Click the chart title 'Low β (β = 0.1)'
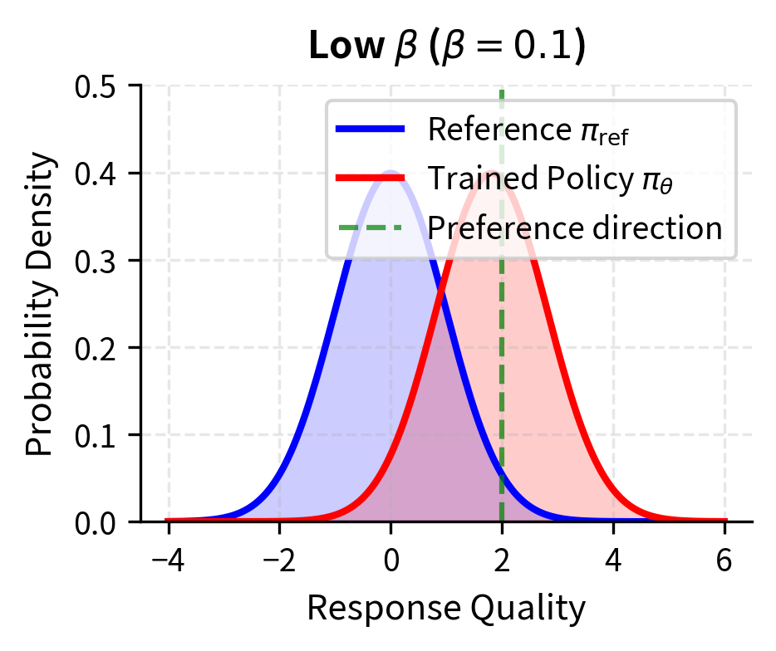point(447,48)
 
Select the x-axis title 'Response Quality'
point(446,609)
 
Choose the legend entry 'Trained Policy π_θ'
point(549,178)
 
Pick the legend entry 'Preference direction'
point(574,227)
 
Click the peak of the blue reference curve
point(390,173)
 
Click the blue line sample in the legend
point(371,130)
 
